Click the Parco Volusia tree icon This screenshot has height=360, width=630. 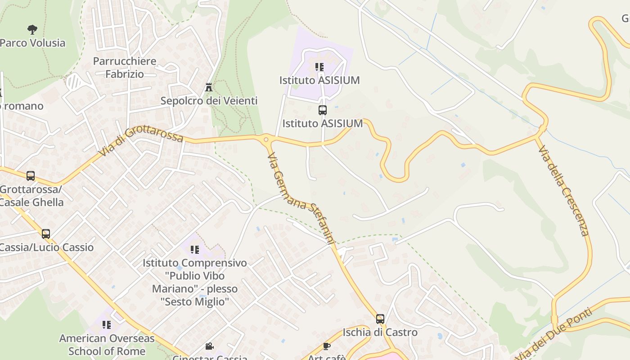coord(32,30)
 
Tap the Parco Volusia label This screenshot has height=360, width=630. coord(32,43)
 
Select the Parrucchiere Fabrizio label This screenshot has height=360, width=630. coord(125,67)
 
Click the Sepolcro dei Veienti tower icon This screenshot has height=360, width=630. coord(208,87)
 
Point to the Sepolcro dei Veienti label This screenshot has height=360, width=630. coord(209,101)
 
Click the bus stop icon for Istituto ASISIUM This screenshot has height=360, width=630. coord(322,110)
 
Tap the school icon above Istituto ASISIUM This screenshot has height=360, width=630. coord(319,67)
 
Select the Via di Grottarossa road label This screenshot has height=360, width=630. coord(140,141)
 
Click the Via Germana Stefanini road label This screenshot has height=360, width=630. coord(301,198)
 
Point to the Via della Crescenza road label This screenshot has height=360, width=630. coord(563,190)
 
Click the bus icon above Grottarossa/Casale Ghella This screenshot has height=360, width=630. coord(31,176)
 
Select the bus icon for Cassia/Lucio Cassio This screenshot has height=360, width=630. coord(45,234)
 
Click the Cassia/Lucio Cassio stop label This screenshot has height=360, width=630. coord(47,247)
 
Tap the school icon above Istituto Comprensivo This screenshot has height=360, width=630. coord(195,249)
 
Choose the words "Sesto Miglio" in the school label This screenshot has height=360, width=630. coord(195,301)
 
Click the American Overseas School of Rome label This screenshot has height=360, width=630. coord(107,345)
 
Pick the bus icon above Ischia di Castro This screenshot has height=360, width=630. coord(380,319)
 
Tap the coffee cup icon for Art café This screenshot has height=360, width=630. coord(327,346)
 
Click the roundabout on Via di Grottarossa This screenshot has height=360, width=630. coord(266,139)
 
